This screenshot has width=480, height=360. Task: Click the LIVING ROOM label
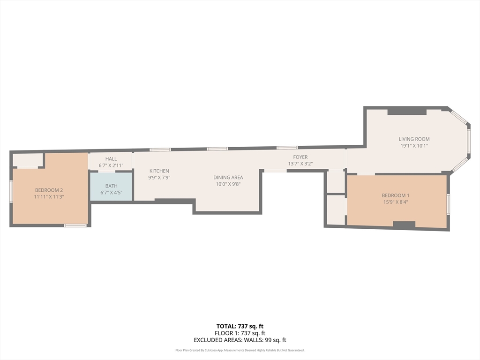click(414, 139)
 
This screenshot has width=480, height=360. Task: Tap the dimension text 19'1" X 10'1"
click(414, 146)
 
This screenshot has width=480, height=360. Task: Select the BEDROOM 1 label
click(395, 195)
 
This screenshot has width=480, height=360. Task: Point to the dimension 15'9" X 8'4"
click(395, 202)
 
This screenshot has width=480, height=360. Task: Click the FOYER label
click(300, 157)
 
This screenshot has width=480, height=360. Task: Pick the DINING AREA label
click(228, 177)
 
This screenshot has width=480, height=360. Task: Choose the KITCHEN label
click(159, 171)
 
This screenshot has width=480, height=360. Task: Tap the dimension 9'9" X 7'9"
click(159, 178)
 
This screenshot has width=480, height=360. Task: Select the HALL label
click(111, 159)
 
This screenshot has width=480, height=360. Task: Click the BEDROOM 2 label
click(49, 190)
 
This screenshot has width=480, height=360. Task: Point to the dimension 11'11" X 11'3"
click(49, 197)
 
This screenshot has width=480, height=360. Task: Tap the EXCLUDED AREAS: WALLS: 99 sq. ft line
click(240, 340)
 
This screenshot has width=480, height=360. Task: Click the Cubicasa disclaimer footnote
click(240, 350)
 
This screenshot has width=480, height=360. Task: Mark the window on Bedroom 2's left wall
click(11, 191)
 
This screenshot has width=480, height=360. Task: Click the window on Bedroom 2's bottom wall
click(75, 225)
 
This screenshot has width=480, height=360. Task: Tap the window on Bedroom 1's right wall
click(448, 204)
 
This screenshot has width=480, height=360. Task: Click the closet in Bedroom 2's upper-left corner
click(28, 160)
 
